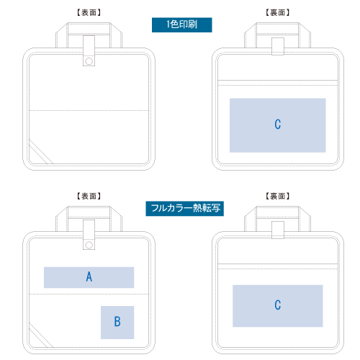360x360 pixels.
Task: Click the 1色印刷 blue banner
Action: click(x=182, y=24)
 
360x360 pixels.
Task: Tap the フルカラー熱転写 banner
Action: click(x=185, y=209)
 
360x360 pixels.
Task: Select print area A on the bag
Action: click(x=89, y=277)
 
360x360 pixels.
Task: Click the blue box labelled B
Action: click(x=117, y=323)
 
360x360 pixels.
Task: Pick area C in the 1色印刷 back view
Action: click(x=278, y=125)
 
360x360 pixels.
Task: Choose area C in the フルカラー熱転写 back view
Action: click(x=278, y=306)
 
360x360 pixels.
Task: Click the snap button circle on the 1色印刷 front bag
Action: click(x=89, y=61)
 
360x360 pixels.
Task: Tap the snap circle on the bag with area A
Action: click(x=89, y=246)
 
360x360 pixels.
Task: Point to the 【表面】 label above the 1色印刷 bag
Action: click(x=89, y=12)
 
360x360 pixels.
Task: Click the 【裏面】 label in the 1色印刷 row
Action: click(x=278, y=12)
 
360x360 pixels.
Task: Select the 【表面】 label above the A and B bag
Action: click(x=89, y=196)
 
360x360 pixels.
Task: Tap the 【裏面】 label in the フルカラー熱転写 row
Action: click(x=278, y=196)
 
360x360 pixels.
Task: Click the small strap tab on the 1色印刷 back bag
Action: click(x=278, y=46)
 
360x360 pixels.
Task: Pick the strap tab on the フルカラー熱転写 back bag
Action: click(x=278, y=230)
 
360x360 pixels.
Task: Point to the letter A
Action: click(x=89, y=276)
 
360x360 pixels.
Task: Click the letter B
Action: click(x=117, y=322)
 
